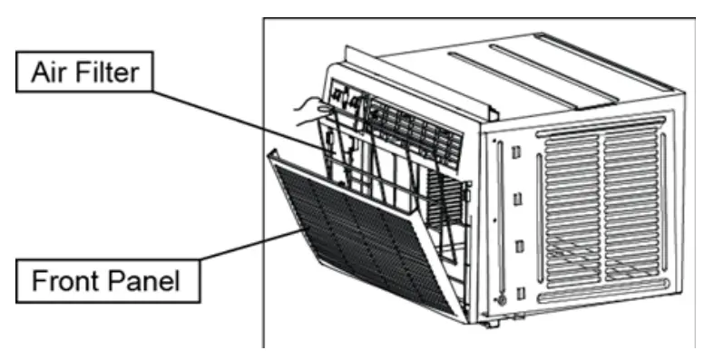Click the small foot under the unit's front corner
pyautogui.click(x=491, y=322)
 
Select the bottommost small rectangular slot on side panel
pyautogui.click(x=520, y=290)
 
